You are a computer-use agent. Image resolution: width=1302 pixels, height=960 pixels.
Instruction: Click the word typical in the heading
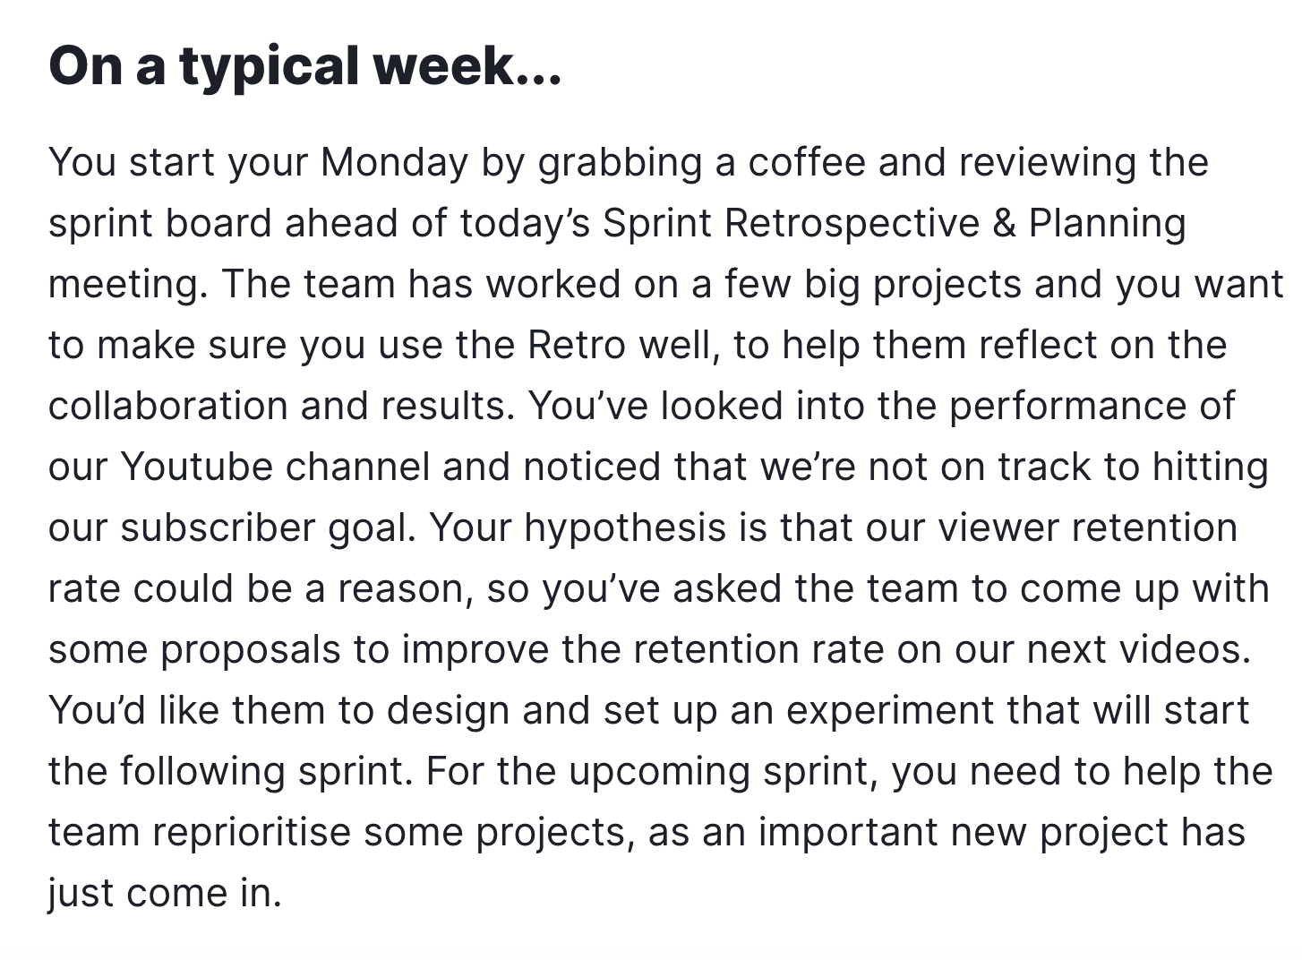tap(269, 67)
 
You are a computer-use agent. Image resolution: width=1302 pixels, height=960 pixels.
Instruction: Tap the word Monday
tap(394, 163)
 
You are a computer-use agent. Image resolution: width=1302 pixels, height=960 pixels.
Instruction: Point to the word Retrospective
tap(852, 225)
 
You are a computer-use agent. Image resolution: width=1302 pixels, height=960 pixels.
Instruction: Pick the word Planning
tap(1108, 225)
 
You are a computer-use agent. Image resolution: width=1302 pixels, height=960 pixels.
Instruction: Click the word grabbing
tap(620, 163)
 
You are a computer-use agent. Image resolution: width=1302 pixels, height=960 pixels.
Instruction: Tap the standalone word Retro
tap(577, 346)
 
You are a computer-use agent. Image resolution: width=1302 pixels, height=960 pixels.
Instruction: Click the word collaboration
tap(168, 406)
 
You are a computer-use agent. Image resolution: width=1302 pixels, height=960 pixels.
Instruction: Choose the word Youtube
tap(196, 467)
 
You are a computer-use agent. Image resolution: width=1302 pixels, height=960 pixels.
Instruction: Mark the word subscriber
tap(218, 527)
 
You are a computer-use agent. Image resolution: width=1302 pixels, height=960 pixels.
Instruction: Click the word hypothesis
tap(625, 528)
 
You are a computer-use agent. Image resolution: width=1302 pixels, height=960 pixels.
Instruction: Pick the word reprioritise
tap(252, 833)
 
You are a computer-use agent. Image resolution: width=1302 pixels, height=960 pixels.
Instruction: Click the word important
tap(849, 833)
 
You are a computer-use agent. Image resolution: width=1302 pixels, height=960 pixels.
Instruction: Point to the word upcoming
tap(660, 772)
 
